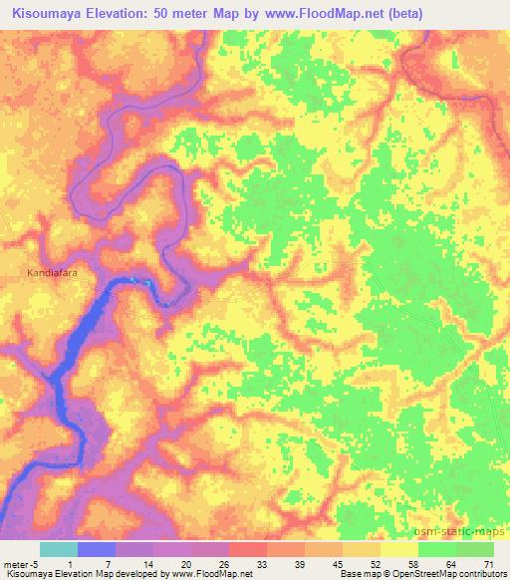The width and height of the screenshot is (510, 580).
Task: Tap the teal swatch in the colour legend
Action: pyautogui.click(x=59, y=549)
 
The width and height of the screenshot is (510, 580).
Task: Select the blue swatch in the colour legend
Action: pyautogui.click(x=97, y=549)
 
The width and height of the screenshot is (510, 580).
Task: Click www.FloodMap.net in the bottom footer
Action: pyautogui.click(x=210, y=574)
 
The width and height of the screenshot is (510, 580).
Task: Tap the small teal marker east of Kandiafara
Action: pyautogui.click(x=149, y=283)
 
